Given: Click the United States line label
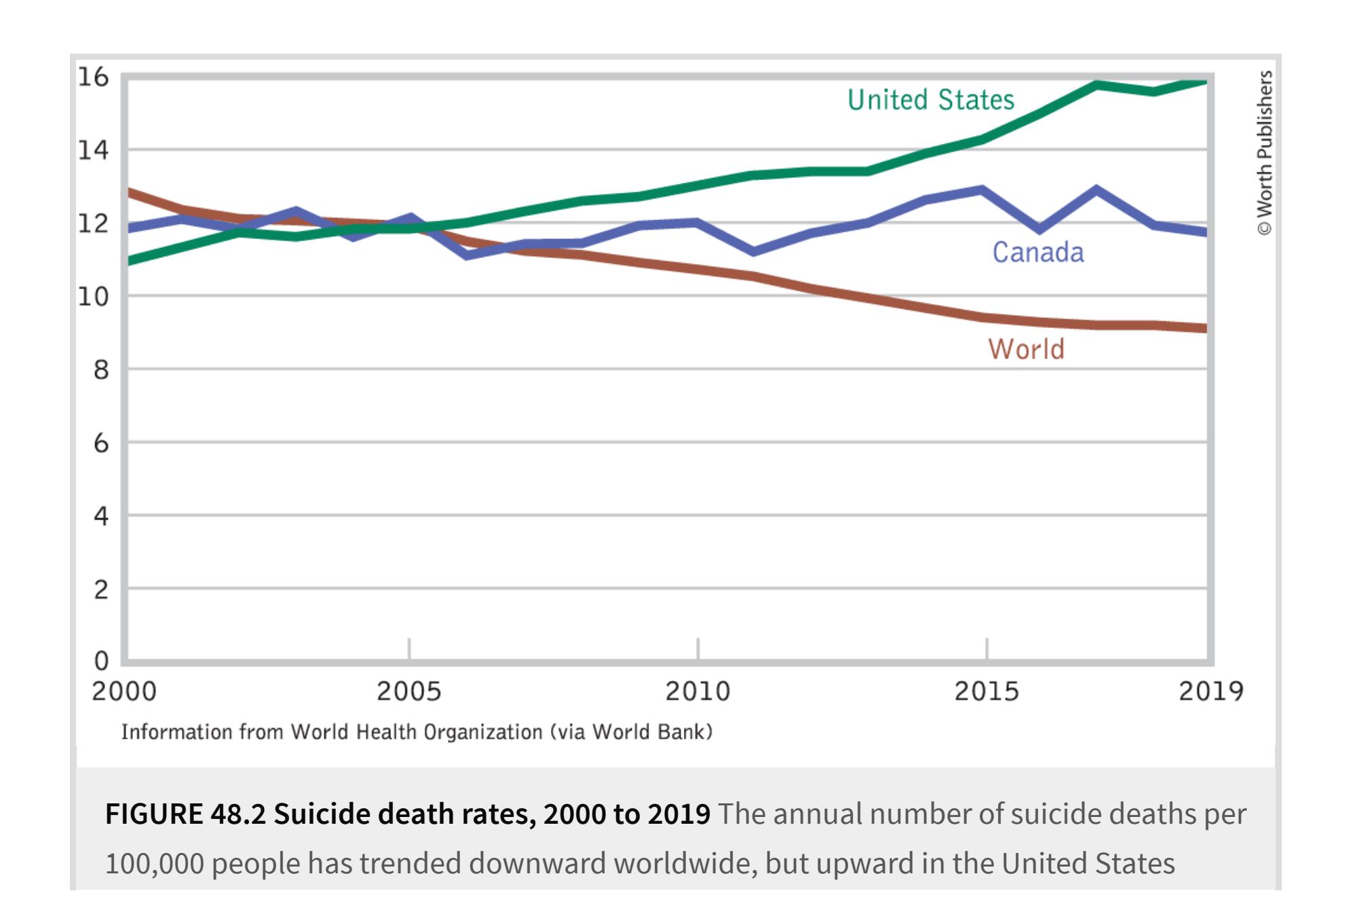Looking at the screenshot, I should [930, 100].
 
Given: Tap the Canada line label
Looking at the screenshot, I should [1037, 252].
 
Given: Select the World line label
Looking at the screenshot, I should [1025, 349].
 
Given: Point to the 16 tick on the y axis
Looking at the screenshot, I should [94, 77].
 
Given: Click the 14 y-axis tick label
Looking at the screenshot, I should [94, 150].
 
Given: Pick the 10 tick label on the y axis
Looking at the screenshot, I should [94, 297].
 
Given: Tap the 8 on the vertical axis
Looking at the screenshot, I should [100, 370].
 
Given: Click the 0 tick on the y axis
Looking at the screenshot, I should [101, 660].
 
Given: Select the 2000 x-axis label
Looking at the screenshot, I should [124, 691].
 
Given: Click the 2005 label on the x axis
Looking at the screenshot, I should [408, 691].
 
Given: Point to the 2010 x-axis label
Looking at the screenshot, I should [698, 691].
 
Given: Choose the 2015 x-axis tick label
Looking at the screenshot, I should [987, 691].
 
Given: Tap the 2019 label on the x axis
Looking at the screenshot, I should [1211, 691].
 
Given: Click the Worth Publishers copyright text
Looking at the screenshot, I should [1265, 153].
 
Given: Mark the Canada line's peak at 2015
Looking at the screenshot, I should [982, 189].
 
